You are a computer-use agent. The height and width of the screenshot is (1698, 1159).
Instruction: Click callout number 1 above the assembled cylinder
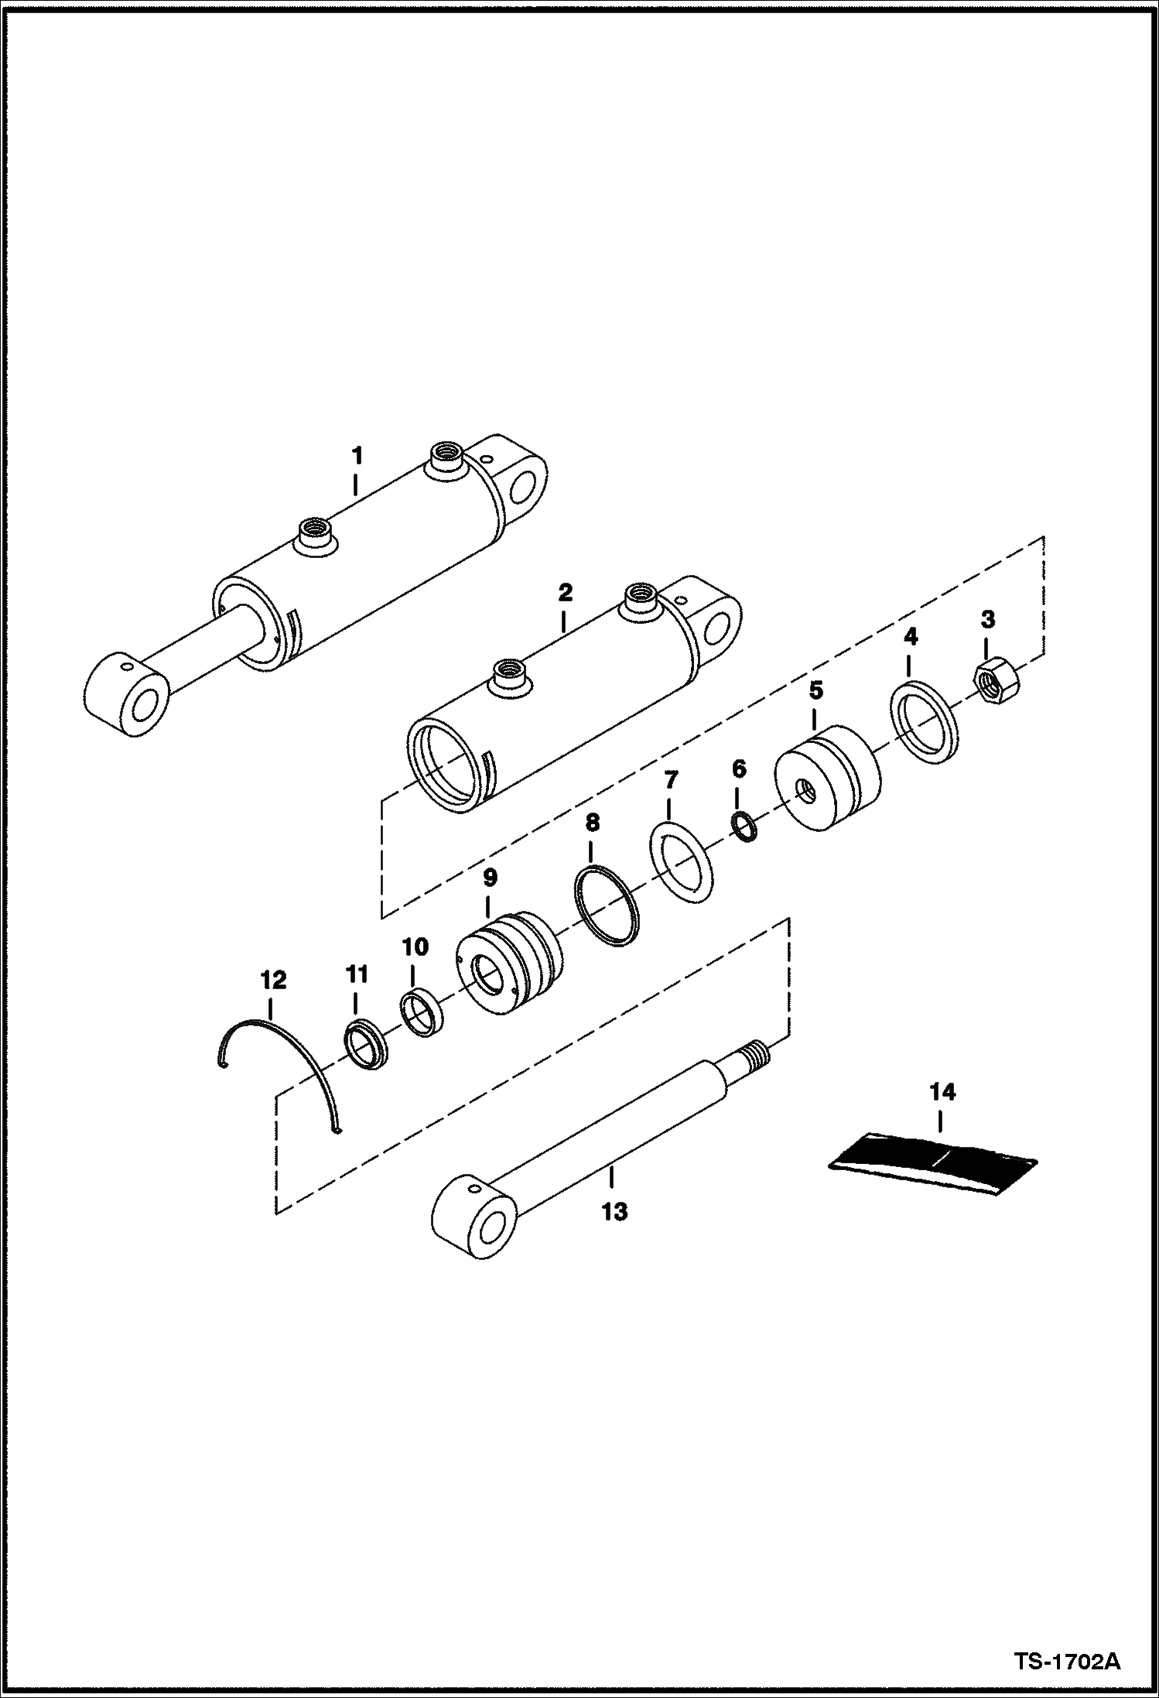[x=356, y=456]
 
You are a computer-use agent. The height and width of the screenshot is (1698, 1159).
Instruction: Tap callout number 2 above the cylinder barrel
[x=565, y=594]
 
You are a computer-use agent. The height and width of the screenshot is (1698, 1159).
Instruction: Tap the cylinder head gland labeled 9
[x=508, y=962]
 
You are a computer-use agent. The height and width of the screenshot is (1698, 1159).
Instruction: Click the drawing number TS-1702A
[x=1068, y=1661]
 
